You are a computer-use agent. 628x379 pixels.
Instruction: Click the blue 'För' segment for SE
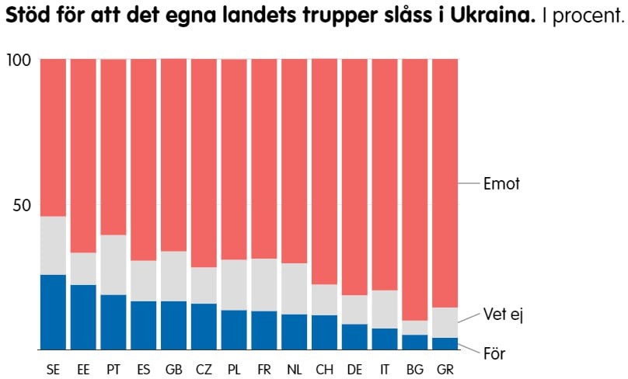(x=53, y=312)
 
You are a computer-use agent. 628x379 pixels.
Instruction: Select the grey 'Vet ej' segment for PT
(x=113, y=265)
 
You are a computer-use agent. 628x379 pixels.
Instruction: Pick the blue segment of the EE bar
(x=83, y=317)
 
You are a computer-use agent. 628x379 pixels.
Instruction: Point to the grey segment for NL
(x=295, y=289)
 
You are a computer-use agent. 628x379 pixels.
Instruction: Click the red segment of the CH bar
(x=325, y=172)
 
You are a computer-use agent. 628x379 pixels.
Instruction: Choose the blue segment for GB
(x=173, y=325)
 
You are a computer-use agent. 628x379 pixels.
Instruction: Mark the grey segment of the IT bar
(x=385, y=309)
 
